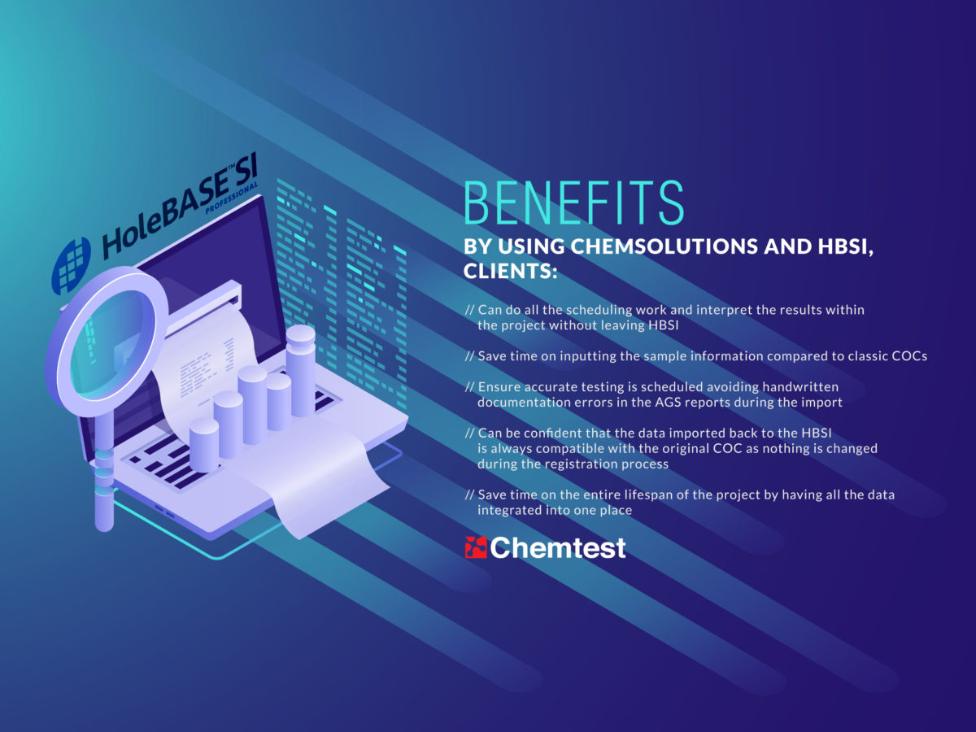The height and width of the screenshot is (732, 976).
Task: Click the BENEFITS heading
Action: pyautogui.click(x=573, y=203)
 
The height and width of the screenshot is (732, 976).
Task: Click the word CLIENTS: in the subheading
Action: pyautogui.click(x=510, y=272)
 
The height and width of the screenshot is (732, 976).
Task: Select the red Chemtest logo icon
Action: pyautogui.click(x=476, y=547)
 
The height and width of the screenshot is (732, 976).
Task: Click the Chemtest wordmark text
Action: pyautogui.click(x=558, y=547)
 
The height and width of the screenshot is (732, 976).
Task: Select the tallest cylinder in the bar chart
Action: pyautogui.click(x=300, y=370)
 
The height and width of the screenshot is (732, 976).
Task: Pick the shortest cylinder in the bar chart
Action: pyautogui.click(x=203, y=443)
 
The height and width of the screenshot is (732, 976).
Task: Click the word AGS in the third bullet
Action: pyautogui.click(x=675, y=402)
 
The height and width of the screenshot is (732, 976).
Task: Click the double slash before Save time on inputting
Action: pyautogui.click(x=469, y=356)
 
